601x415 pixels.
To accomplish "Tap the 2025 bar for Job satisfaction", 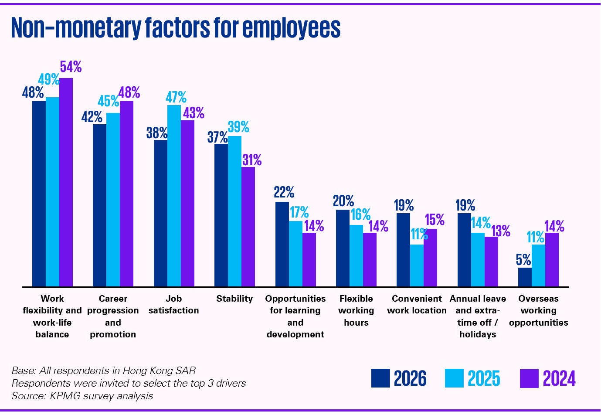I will click(174, 196).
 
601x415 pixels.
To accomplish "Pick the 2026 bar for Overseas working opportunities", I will click(525, 277).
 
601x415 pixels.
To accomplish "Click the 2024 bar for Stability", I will click(248, 227).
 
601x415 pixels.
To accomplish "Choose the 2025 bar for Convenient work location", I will click(417, 265).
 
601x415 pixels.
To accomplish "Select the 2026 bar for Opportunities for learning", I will click(282, 244).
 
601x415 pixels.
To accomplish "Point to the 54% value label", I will click(71, 67).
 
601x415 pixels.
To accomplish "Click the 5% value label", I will click(523, 260).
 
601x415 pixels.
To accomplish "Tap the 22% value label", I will click(284, 192).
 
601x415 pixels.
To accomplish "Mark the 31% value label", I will click(252, 160).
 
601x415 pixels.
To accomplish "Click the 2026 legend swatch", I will click(380, 378).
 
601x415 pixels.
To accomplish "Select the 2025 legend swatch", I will click(454, 378).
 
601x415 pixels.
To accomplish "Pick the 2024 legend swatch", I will click(529, 378).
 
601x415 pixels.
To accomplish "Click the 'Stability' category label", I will click(234, 299).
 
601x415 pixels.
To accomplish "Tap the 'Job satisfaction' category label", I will click(173, 304).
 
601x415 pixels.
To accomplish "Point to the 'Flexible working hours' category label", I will click(356, 310).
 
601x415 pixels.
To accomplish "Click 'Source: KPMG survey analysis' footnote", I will click(82, 396).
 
